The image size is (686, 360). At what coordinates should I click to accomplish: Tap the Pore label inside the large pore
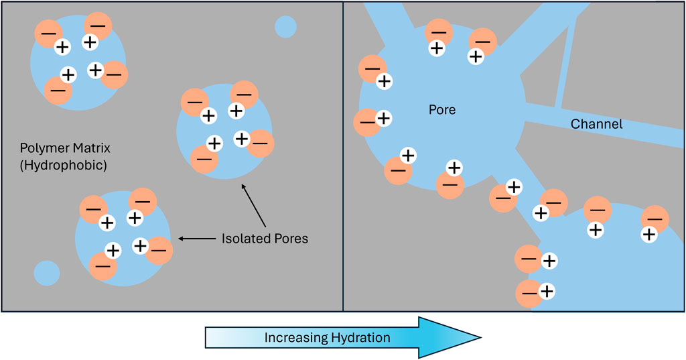pyautogui.click(x=441, y=109)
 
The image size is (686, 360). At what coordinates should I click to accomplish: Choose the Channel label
pyautogui.click(x=596, y=124)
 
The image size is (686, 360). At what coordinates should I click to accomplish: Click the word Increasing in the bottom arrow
pyautogui.click(x=295, y=337)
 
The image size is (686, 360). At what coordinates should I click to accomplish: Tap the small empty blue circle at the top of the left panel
pyautogui.click(x=285, y=27)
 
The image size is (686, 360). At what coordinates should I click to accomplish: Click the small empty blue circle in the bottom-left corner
pyautogui.click(x=46, y=273)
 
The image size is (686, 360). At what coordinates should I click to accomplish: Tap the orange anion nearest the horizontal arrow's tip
pyautogui.click(x=159, y=250)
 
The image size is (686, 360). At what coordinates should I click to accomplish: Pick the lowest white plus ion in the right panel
pyautogui.click(x=547, y=291)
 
